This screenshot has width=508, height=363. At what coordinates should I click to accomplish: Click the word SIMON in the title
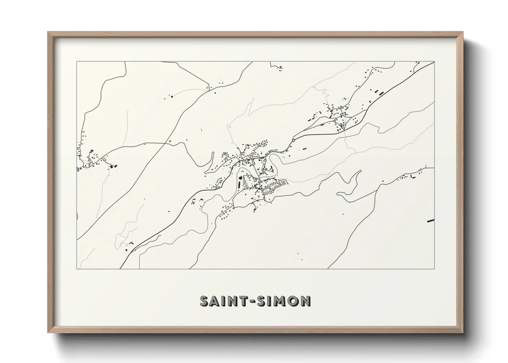283,301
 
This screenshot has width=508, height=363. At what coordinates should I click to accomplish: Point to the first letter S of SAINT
204,301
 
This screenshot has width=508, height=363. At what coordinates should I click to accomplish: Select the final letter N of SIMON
305,301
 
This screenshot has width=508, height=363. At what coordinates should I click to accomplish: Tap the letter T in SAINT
242,301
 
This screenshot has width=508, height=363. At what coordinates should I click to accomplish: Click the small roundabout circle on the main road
293,140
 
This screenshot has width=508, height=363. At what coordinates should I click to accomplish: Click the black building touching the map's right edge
430,220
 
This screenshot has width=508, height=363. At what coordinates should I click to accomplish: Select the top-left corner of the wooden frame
48,32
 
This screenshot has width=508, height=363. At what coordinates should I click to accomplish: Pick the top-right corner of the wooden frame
463,32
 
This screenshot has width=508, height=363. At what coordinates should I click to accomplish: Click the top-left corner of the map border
77,62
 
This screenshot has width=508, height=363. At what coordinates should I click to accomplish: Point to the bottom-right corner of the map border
435,269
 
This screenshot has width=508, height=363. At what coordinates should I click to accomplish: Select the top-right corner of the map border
435,62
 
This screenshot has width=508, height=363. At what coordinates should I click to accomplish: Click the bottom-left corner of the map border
77,269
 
